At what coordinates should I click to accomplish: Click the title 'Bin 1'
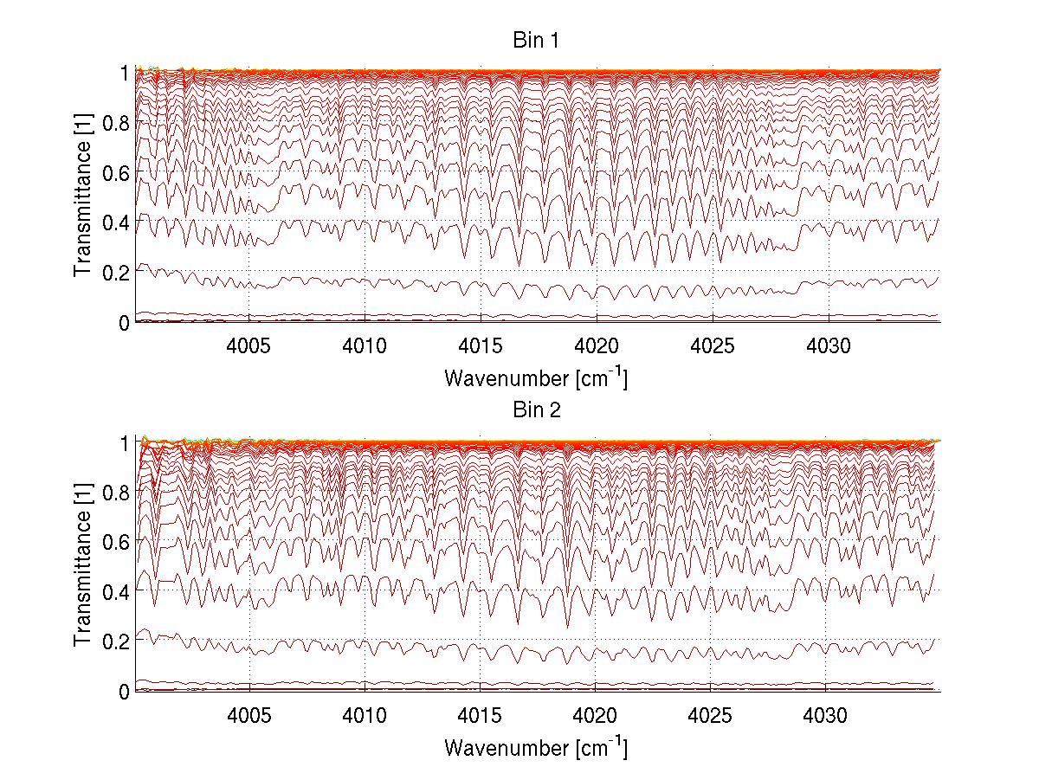click(x=535, y=40)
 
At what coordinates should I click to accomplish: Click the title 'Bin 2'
click(x=535, y=410)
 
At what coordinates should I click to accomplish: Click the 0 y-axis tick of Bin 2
click(x=124, y=691)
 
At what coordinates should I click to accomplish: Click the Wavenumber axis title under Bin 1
click(x=535, y=377)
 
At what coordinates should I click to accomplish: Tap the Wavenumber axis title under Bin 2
click(x=535, y=746)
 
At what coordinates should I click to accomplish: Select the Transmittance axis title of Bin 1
click(x=82, y=197)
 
